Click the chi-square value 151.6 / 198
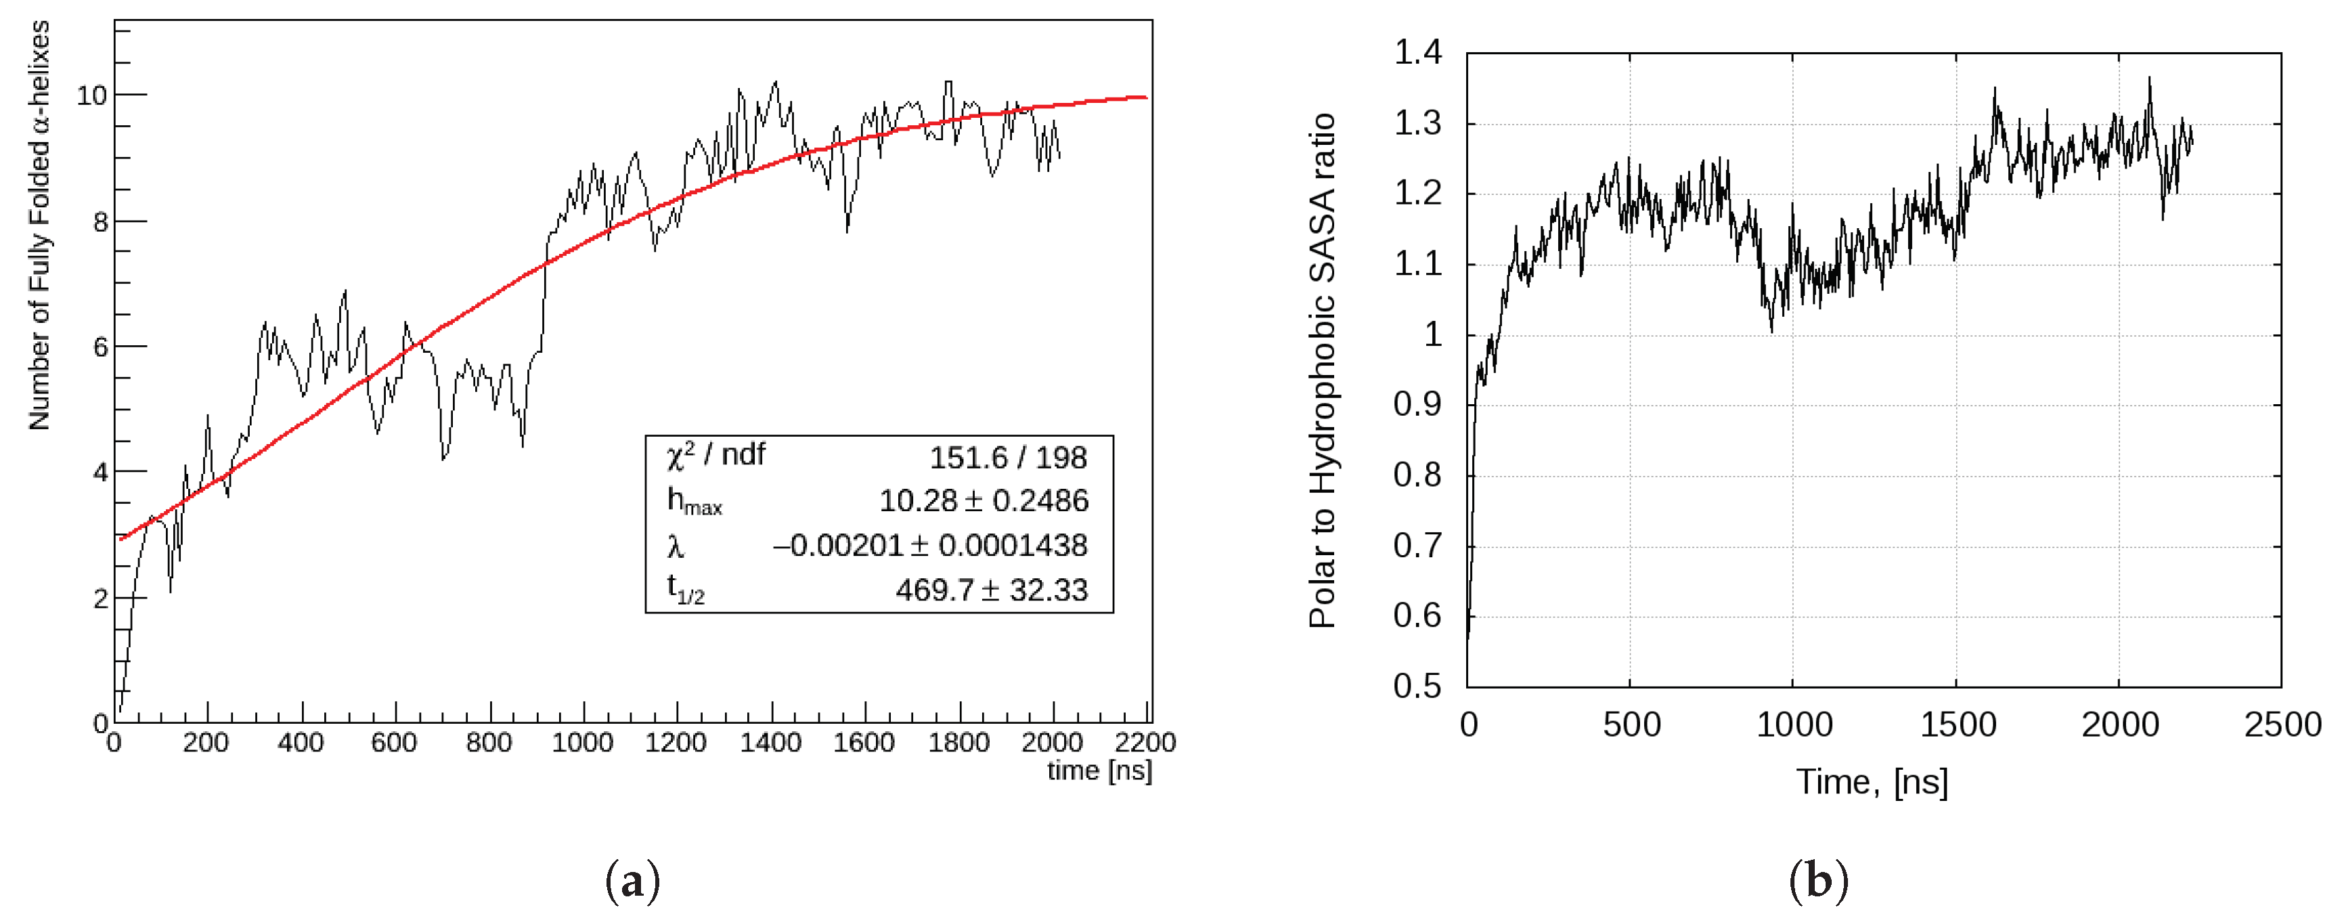(1007, 458)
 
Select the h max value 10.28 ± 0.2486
(983, 500)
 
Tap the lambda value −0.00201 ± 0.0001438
(929, 545)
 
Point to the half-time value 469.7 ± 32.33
(991, 590)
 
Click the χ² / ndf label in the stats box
(715, 455)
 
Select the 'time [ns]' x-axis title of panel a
(1099, 771)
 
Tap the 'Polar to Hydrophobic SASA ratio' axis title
(1322, 370)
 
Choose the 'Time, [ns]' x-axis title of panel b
(1872, 782)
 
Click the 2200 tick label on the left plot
(1145, 743)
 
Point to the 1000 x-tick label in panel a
(582, 743)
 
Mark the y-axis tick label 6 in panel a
(100, 347)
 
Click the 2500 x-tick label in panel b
(2283, 724)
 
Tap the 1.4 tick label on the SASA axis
(1417, 53)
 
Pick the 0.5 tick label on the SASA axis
(1417, 686)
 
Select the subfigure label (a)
(632, 881)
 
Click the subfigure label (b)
(1818, 881)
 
